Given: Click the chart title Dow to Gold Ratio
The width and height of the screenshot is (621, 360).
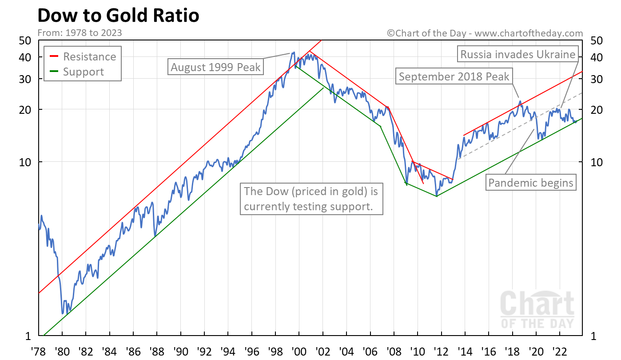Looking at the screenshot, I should click(x=118, y=16).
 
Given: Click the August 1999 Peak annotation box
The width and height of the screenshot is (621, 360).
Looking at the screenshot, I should click(x=216, y=68).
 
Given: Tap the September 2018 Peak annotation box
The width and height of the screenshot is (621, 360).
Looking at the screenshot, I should click(x=454, y=76).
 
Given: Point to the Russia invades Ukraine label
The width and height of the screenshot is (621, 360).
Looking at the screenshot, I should click(x=518, y=55).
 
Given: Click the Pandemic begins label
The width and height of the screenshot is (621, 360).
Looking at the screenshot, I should click(x=531, y=182).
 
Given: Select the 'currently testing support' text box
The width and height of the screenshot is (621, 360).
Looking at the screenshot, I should click(x=311, y=199).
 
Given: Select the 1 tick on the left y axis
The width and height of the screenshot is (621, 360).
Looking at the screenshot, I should click(x=27, y=336).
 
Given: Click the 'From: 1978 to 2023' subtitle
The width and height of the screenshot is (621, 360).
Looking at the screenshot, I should click(x=80, y=33).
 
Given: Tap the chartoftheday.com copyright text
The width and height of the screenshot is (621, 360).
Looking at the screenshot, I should click(x=485, y=33).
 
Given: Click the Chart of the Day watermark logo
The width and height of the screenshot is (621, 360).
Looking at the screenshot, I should click(x=537, y=309).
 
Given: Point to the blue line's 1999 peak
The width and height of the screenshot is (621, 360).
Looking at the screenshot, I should click(x=294, y=52).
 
